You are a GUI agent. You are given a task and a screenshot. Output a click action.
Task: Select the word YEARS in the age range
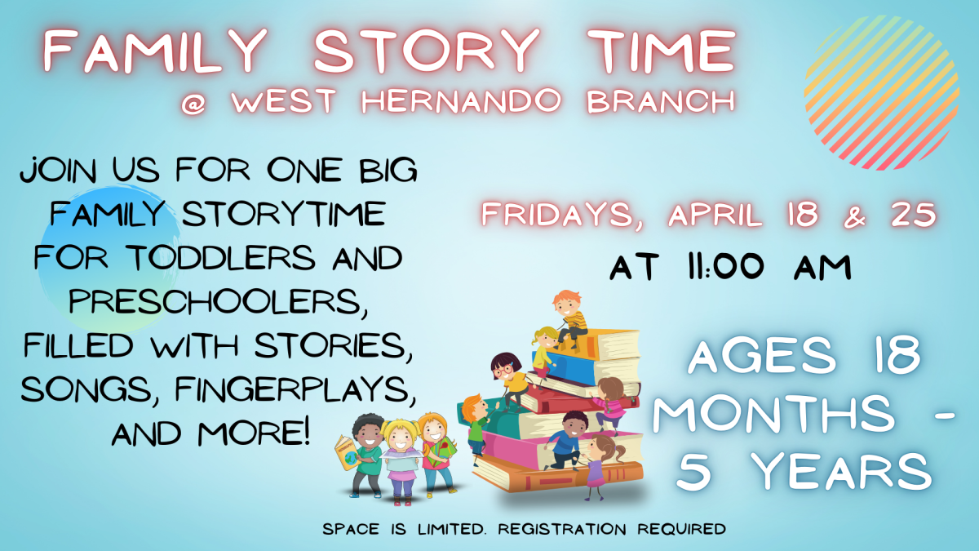840,472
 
